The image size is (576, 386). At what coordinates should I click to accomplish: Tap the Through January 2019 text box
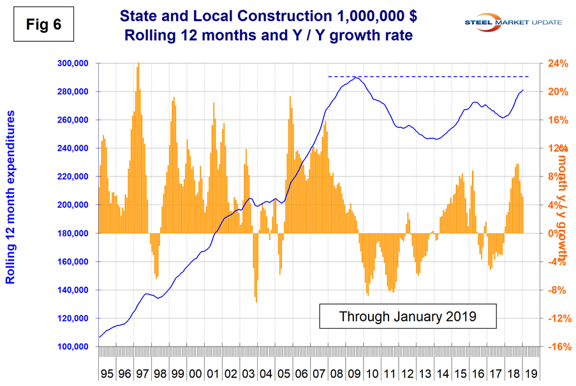point(408,316)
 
